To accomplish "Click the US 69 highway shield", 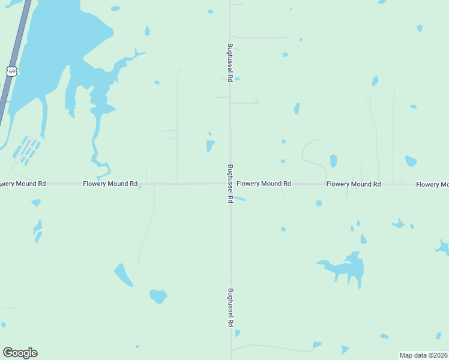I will (x=11, y=71).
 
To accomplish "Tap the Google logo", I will (x=20, y=353).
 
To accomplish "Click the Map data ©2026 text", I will (x=424, y=355).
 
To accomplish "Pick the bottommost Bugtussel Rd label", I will (x=230, y=307).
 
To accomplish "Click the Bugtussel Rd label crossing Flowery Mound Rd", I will (x=230, y=184).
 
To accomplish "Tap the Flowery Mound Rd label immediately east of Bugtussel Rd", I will (x=264, y=184).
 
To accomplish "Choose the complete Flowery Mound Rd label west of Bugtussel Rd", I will (x=110, y=184).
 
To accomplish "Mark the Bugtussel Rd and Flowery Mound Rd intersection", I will (x=230, y=184).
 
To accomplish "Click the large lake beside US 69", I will (x=54, y=48).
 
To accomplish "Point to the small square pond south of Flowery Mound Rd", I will (x=319, y=203).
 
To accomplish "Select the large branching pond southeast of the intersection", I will (x=349, y=268).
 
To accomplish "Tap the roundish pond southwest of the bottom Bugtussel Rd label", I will (x=158, y=296).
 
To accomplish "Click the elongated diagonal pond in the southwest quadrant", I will (x=124, y=275).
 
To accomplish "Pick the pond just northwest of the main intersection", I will (x=210, y=146).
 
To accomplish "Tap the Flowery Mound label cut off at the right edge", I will (x=432, y=184).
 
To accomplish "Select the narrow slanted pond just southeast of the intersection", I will (x=240, y=199).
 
